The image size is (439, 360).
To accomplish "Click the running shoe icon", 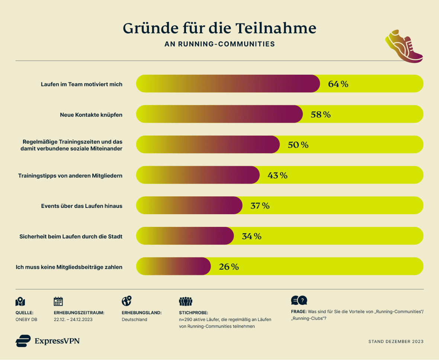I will [404, 46].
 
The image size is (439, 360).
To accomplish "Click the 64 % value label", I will [338, 84].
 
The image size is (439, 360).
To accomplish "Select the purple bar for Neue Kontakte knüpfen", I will [219, 114].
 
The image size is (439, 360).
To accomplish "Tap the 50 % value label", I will [298, 145].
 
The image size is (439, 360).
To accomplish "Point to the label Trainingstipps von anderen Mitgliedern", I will [70, 175].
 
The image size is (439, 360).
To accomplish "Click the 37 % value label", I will [260, 206].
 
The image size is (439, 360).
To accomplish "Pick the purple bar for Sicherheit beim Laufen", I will [185, 236].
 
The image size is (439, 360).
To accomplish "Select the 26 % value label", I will [229, 267].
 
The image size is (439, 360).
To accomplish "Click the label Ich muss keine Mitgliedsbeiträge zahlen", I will [69, 267].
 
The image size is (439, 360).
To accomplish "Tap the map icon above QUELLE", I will [20, 302].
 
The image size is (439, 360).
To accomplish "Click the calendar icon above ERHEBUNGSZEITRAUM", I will [58, 301].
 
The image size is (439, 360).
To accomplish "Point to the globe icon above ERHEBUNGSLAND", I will [126, 301].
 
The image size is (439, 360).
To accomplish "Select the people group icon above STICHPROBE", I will [186, 301].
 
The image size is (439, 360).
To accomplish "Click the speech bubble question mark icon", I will [299, 300].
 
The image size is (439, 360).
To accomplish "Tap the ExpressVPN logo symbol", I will [23, 341].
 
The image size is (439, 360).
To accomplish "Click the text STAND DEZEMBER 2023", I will [396, 341].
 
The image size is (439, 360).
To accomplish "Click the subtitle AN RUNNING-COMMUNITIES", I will [219, 44].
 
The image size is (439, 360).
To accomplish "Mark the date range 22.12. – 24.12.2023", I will [73, 319].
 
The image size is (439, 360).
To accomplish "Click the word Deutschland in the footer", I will [134, 319].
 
